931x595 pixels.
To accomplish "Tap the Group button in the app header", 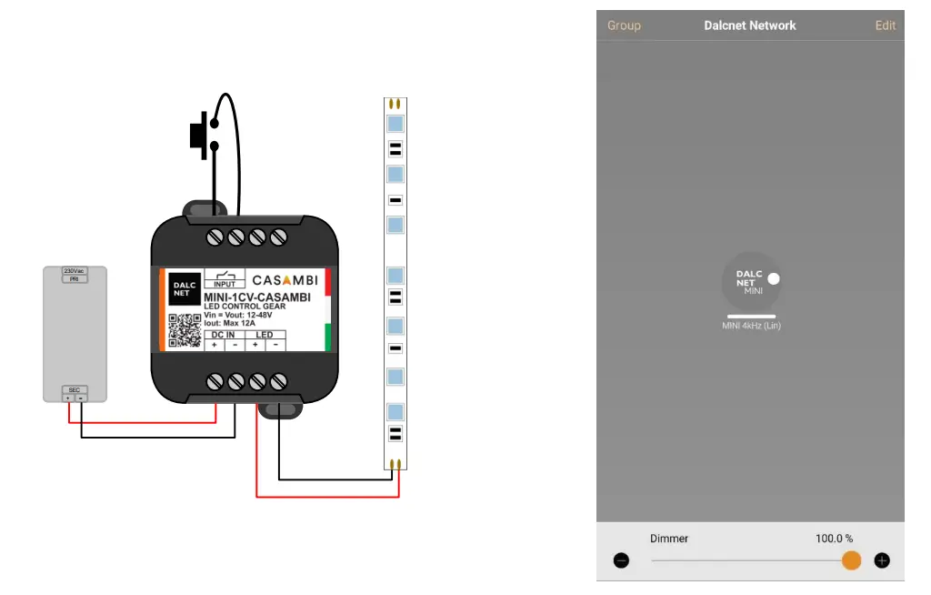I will [x=624, y=25].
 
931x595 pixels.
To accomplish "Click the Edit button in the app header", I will [x=885, y=25].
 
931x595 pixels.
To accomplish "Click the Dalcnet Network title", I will [x=750, y=25].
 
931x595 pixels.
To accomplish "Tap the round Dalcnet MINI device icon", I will [x=751, y=281].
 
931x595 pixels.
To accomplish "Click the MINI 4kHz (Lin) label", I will [x=751, y=326].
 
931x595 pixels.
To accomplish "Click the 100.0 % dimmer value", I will [x=834, y=539].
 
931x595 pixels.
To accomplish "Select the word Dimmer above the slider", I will [x=669, y=539].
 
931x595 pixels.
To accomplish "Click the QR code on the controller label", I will [x=185, y=329].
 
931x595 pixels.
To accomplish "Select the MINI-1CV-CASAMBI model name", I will [x=257, y=297].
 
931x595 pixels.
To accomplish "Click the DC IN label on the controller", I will [x=223, y=335].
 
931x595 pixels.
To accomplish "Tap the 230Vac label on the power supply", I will [x=75, y=271].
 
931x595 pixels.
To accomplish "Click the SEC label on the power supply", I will [x=75, y=389].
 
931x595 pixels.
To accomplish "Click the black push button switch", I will [x=197, y=135].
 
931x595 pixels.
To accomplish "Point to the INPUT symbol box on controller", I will [x=224, y=278].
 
